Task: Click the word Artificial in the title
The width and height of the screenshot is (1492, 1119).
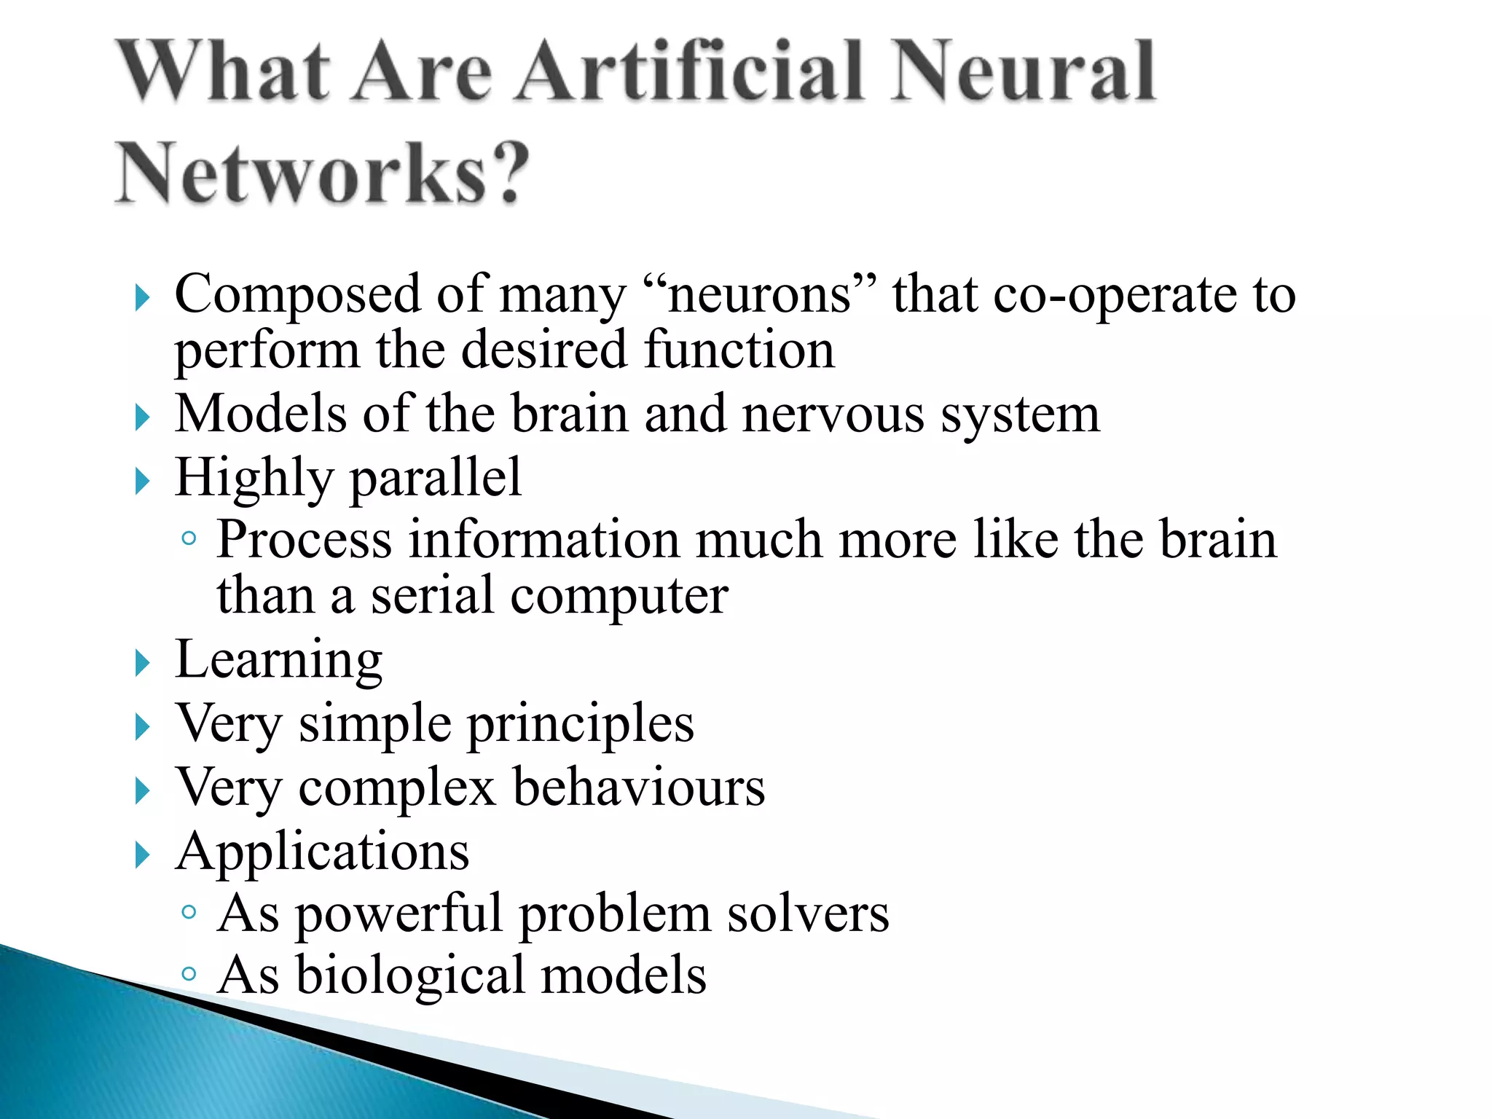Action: click(690, 72)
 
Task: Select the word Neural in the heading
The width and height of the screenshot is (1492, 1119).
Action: click(1023, 72)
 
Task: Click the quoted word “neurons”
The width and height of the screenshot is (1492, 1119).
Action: click(761, 294)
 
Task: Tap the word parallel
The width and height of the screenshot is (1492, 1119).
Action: click(436, 478)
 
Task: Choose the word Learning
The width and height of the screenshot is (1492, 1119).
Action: click(279, 660)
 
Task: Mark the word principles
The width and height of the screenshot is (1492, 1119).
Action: click(580, 725)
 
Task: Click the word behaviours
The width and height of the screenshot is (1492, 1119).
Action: click(639, 788)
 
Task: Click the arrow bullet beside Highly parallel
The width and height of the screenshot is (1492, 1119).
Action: click(142, 482)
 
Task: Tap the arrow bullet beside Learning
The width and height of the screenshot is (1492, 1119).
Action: click(142, 664)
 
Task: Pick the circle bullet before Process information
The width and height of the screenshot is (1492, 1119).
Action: click(189, 538)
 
